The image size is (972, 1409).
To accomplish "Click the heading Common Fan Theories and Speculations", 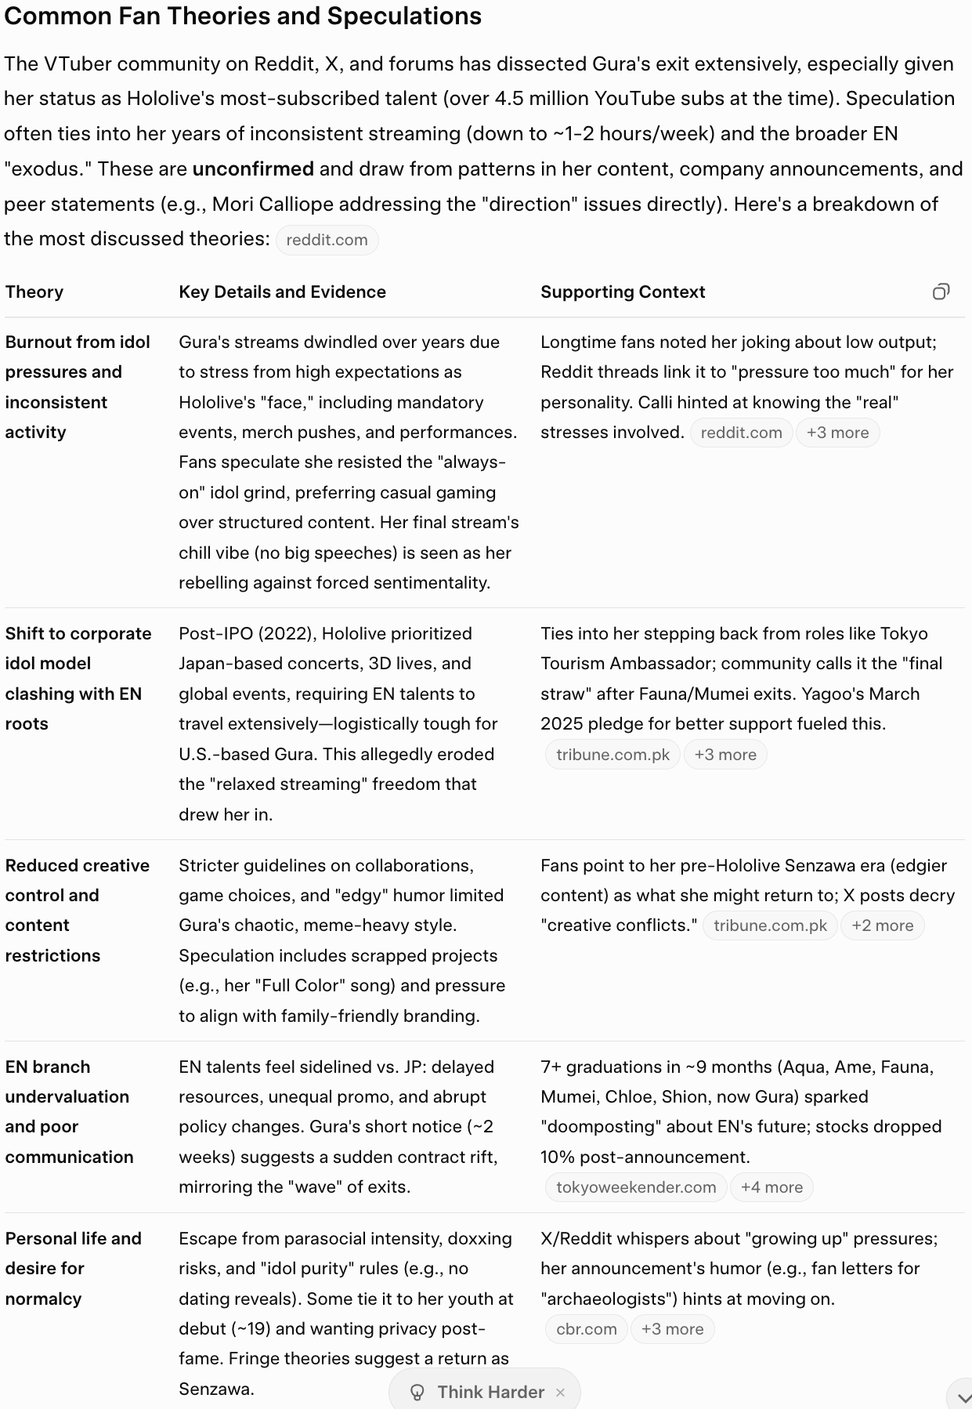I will pos(243,16).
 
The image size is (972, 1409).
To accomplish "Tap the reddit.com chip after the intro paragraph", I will pos(327,240).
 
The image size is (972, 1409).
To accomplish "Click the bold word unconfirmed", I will pos(253,168).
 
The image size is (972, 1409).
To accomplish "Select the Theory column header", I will pos(34,292).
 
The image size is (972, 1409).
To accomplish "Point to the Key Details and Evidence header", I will pos(282,292).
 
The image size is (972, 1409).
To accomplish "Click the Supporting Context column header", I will pos(623,292).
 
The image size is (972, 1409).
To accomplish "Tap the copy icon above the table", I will pos(941,292).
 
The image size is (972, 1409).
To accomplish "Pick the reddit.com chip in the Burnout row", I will pos(741,433).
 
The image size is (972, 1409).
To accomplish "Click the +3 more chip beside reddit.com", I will pos(837,433).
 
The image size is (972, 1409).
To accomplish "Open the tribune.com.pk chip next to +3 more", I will pos(612,755).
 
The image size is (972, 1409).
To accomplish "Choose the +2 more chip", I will pos(882,925).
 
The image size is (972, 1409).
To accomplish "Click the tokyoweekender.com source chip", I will pos(636,1187).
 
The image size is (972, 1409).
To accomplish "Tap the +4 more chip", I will pos(771,1187).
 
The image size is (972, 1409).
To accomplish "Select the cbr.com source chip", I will pos(586,1329).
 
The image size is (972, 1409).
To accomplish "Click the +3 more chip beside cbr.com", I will pos(672,1329).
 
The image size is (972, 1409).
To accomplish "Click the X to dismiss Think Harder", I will pos(560,1393).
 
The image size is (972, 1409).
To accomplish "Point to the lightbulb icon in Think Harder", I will pos(417,1393).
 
